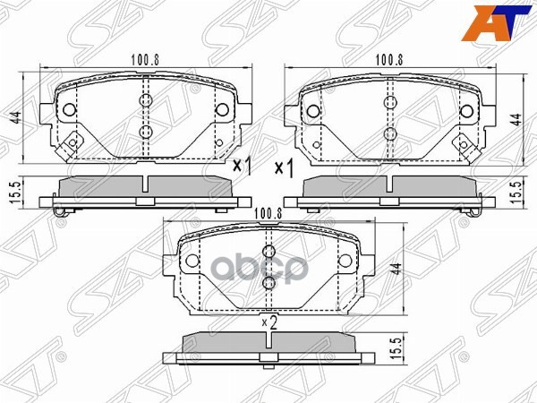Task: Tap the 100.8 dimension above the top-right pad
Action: (x=388, y=62)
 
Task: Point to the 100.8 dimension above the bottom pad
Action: (x=268, y=213)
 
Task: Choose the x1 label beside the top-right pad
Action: (x=285, y=167)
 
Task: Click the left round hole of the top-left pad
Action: (x=71, y=110)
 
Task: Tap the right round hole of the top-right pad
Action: (x=466, y=111)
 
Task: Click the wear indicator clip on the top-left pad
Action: (x=68, y=141)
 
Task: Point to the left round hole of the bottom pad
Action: (x=192, y=262)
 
